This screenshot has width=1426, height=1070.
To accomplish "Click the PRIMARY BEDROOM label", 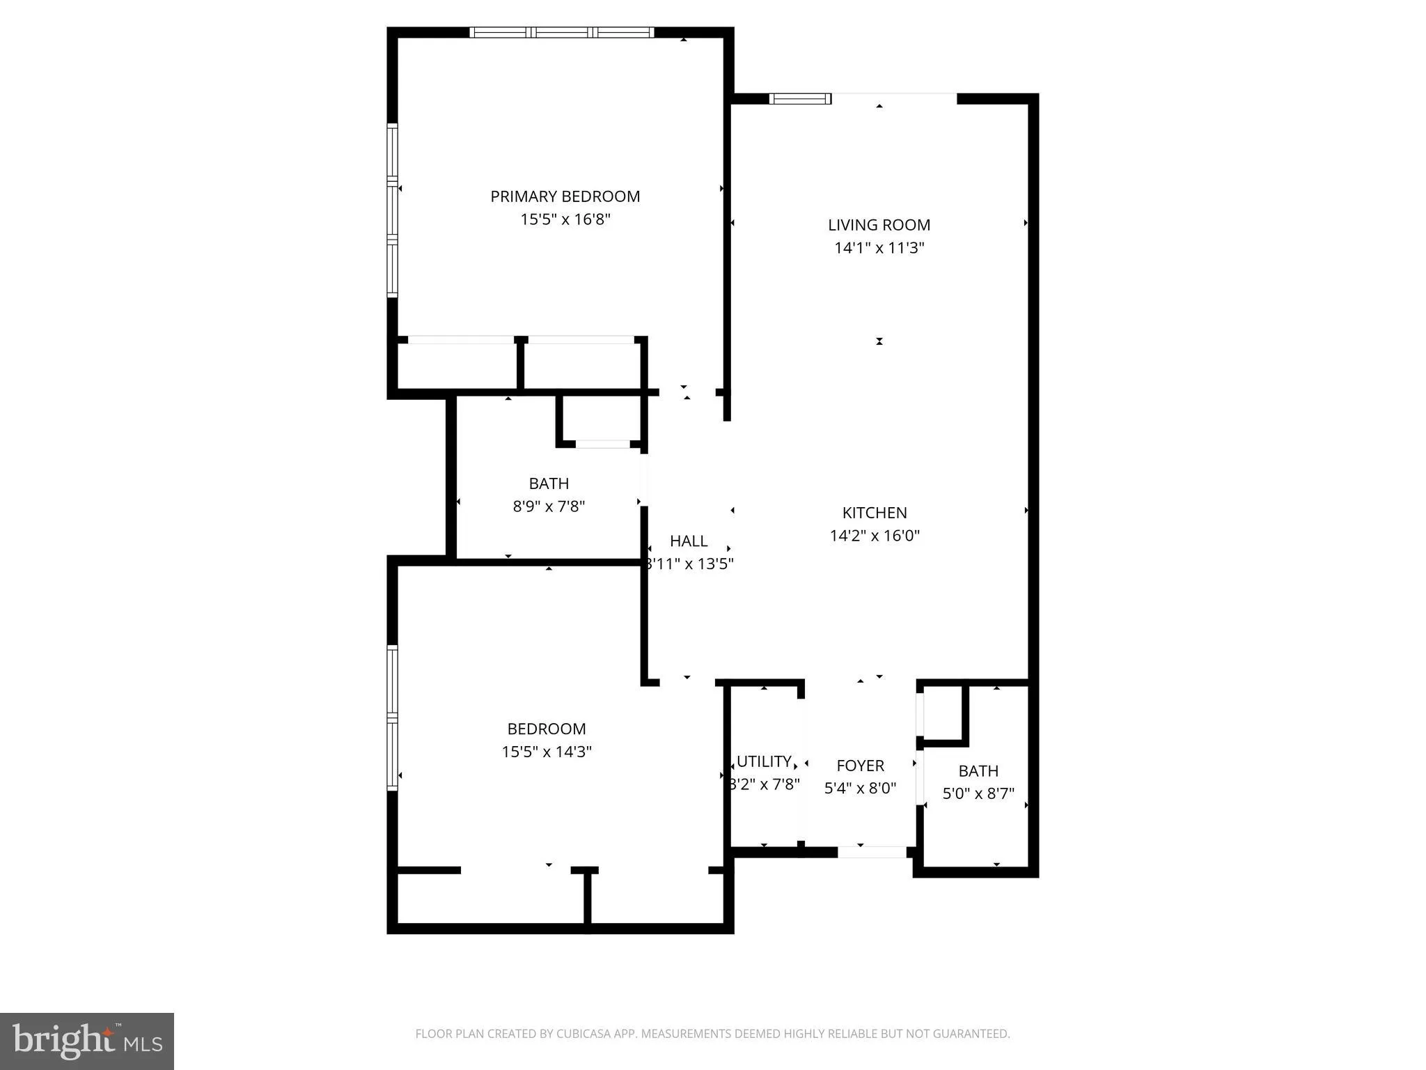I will coord(565,196).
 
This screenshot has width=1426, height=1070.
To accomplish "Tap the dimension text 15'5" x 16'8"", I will coord(565,219).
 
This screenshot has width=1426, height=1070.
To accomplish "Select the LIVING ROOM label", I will coord(879,225).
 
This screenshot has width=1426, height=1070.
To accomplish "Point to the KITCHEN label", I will coord(874,513).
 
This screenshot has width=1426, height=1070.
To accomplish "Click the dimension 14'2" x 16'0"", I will coord(874,536).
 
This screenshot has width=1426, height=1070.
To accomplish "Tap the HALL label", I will coord(688,541).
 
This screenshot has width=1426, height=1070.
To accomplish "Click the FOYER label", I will coord(860,766).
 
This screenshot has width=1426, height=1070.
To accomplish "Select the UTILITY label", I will coord(764,761).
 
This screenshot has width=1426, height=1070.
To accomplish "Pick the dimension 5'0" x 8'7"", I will coord(978,793).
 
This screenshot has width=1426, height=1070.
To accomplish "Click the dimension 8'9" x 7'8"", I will coord(549,506).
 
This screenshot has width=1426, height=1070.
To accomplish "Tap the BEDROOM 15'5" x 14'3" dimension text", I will coord(547,752).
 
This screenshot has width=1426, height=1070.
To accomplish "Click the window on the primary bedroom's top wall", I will coord(561,32).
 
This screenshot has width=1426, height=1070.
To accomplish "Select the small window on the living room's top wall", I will coord(799,99).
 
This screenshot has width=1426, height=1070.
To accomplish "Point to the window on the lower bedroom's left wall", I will coord(392,718).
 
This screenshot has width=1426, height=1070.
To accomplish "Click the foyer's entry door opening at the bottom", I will coord(872,852).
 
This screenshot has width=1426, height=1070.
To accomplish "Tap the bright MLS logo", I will coord(86,1041).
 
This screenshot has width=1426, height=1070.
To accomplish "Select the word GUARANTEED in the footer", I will coord(971,1034).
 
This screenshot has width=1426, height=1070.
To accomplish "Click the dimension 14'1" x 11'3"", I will coord(879,248).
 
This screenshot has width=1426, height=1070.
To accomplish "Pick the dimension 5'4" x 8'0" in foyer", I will coord(860,789).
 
